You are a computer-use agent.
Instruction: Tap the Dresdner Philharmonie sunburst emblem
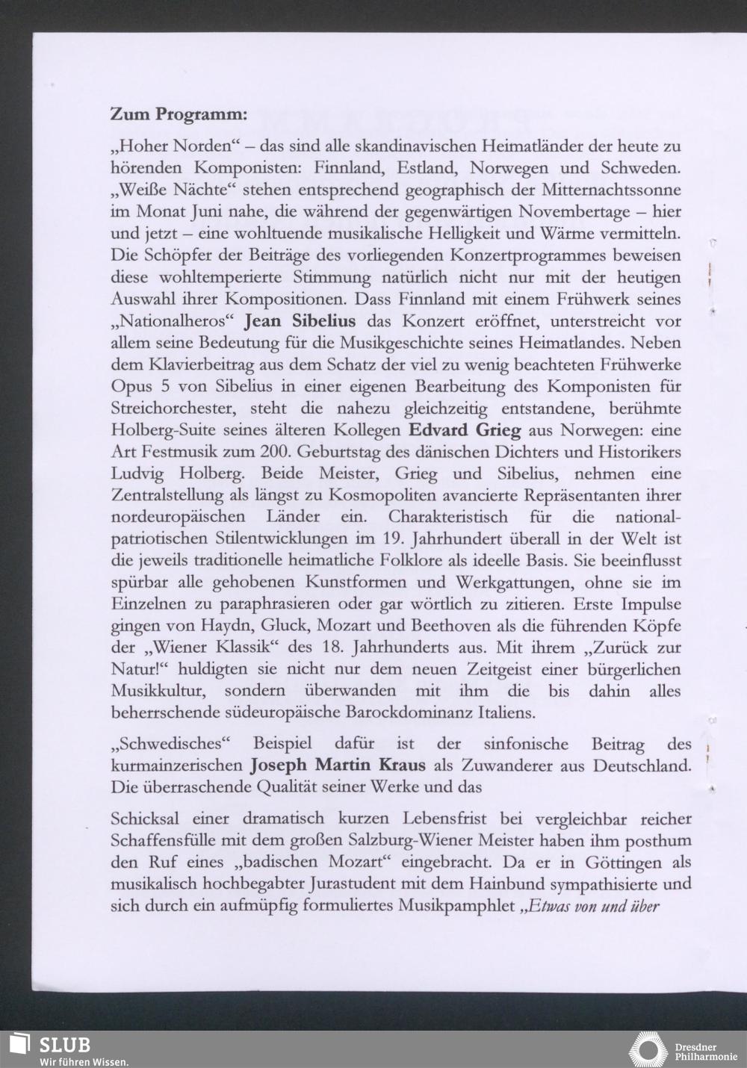pyautogui.click(x=647, y=1049)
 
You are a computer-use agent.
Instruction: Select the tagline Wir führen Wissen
pyautogui.click(x=84, y=1061)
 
